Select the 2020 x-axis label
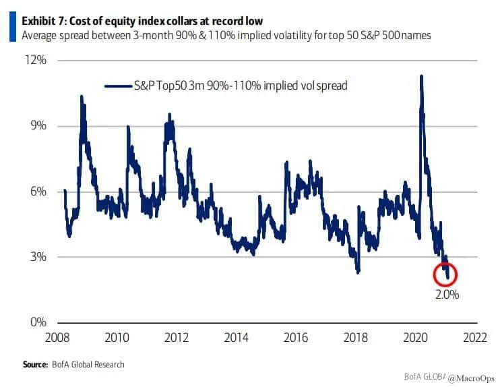(418, 337)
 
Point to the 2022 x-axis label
(478, 337)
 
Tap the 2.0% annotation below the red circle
(447, 295)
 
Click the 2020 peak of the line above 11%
(421, 76)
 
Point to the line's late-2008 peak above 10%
(82, 96)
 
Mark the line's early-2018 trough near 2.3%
(359, 272)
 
